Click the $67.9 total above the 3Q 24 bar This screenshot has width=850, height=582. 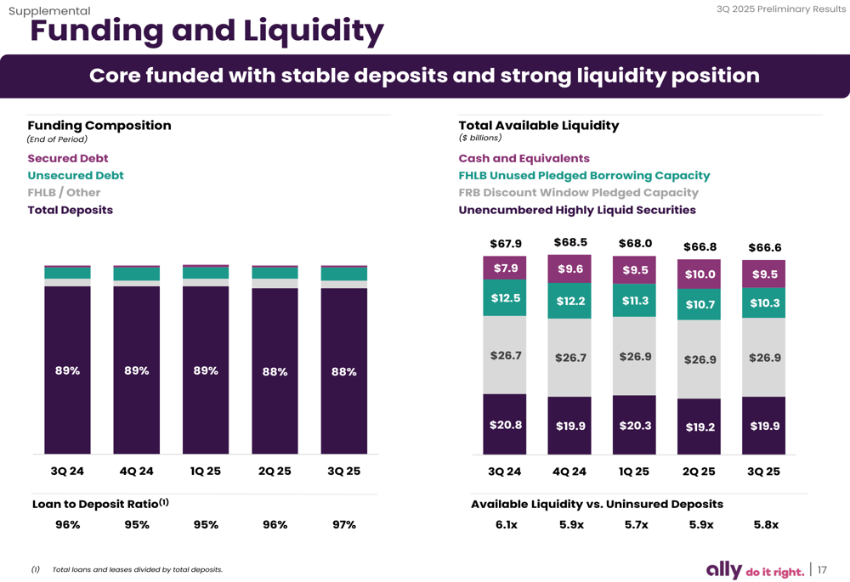505,244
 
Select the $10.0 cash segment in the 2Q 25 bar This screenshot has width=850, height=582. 700,274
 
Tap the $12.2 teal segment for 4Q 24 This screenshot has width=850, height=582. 570,301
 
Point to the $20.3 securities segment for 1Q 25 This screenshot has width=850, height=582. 635,425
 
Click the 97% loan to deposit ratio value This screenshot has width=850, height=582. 343,525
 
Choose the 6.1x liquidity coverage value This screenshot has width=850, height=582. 506,525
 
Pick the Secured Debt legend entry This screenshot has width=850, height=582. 68,159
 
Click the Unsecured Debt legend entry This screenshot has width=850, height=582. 76,176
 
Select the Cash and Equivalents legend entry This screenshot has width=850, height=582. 524,159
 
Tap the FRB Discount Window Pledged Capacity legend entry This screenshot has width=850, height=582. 578,193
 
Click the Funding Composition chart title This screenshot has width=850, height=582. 99,126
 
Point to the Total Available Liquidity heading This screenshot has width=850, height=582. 538,126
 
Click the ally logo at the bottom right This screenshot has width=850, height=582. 724,570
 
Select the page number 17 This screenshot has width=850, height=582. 822,570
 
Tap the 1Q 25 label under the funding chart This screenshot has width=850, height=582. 205,472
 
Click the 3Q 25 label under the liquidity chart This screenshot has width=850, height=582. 763,472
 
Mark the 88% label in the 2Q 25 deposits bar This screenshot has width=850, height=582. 275,372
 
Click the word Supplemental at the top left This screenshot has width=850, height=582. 49,11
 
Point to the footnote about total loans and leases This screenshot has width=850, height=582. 137,569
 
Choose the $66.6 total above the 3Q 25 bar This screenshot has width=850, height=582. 764,248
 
